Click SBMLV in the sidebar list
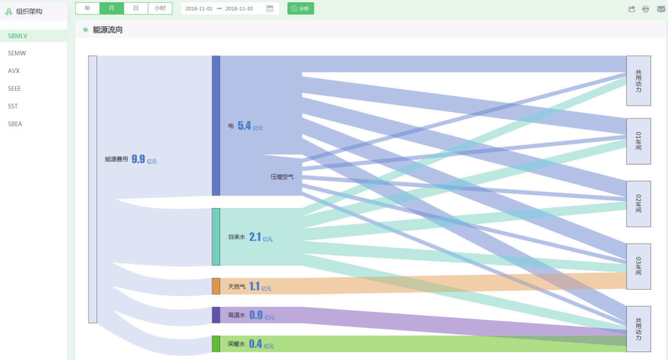point(18,36)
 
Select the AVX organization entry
point(14,71)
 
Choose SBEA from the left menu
point(16,124)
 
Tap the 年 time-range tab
point(87,9)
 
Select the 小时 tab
point(160,9)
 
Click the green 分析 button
point(300,9)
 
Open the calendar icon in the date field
point(270,9)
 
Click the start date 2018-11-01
point(199,9)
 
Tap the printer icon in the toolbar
point(646,9)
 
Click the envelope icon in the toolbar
point(661,9)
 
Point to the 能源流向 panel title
point(108,30)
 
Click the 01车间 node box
point(638,141)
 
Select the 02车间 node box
point(638,204)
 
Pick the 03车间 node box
point(638,266)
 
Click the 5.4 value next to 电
point(244,126)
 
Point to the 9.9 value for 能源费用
point(138,160)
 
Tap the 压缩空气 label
point(282,176)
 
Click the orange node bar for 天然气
point(216,286)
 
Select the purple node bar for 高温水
point(216,315)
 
